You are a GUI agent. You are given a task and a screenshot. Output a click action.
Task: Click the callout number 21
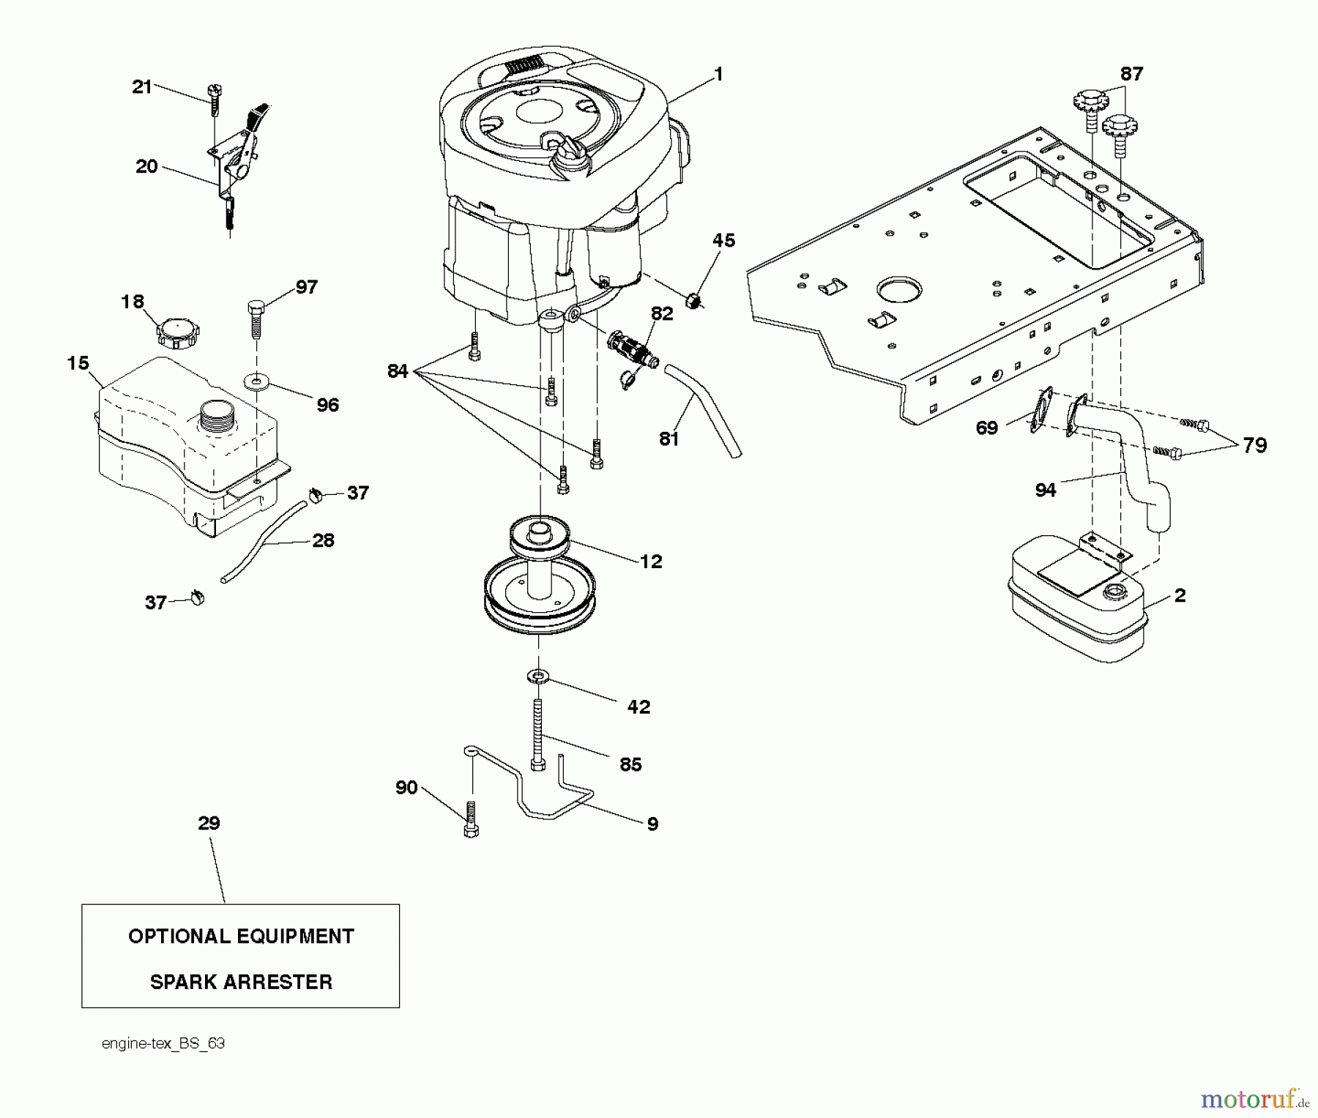141,87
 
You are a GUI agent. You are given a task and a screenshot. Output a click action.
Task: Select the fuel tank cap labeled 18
179,333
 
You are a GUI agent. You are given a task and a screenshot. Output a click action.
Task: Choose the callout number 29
209,823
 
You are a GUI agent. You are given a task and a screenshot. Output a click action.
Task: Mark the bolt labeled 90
471,819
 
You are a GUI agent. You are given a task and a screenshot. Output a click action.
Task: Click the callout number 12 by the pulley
650,562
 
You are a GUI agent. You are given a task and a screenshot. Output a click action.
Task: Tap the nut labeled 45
693,300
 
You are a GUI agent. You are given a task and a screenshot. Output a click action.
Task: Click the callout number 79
1254,445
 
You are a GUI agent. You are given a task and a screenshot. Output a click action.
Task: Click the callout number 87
1131,74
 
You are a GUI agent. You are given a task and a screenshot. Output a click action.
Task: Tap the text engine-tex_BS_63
163,1043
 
